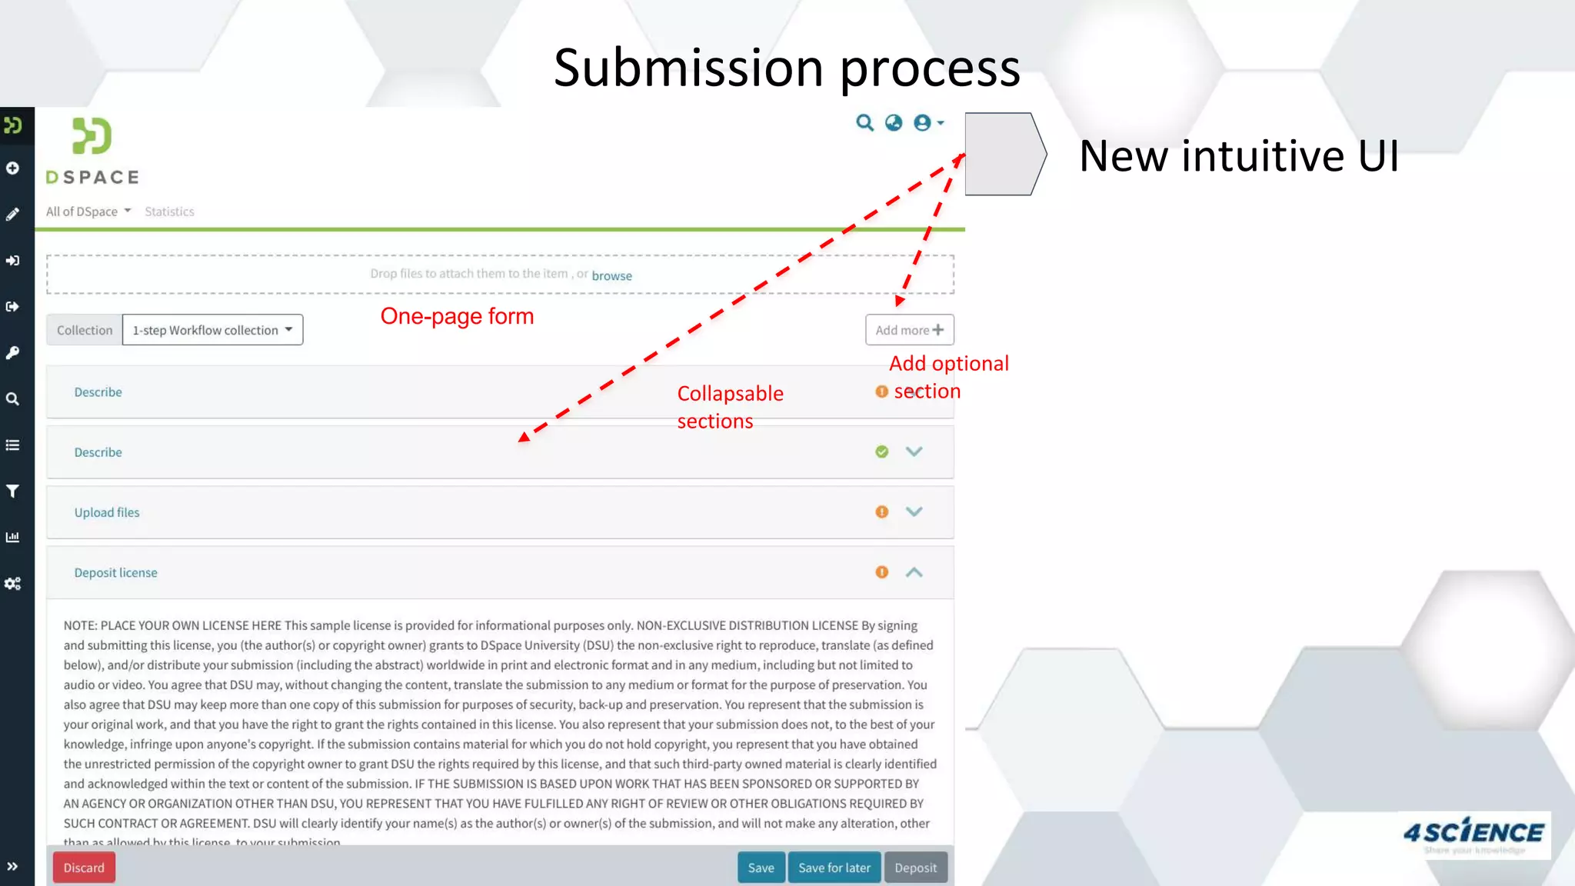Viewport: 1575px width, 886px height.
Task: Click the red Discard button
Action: click(84, 868)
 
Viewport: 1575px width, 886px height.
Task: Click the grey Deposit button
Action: click(915, 868)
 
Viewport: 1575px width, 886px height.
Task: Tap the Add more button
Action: click(909, 330)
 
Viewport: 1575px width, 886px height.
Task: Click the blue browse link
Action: click(611, 275)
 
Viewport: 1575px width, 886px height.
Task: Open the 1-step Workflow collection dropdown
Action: click(212, 330)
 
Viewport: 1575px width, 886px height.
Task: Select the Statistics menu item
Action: click(169, 212)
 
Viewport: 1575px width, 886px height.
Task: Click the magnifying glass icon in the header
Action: click(865, 123)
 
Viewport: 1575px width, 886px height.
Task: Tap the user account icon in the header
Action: click(924, 123)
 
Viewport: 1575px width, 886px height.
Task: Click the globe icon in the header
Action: click(894, 123)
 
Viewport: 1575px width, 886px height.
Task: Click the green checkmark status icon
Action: click(882, 451)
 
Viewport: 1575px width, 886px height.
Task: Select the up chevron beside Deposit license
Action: click(914, 572)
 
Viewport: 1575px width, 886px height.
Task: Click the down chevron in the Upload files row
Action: click(914, 511)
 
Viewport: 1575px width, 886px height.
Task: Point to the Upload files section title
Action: click(107, 512)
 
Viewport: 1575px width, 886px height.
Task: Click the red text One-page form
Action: click(457, 316)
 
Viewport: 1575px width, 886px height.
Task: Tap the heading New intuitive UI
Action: click(1238, 156)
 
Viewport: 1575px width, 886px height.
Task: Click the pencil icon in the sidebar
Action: click(13, 215)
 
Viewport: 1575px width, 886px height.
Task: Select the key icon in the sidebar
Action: click(13, 353)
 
